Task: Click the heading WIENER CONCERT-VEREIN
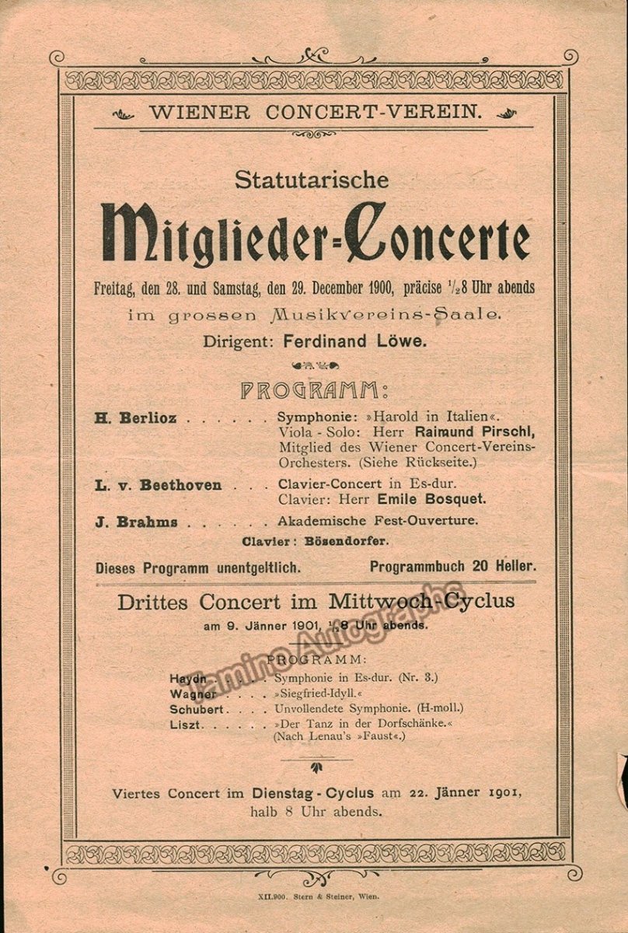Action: [x=315, y=111]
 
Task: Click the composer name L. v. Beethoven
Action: [x=159, y=485]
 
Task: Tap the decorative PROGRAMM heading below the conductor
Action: [x=313, y=390]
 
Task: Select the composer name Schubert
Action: [x=197, y=709]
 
